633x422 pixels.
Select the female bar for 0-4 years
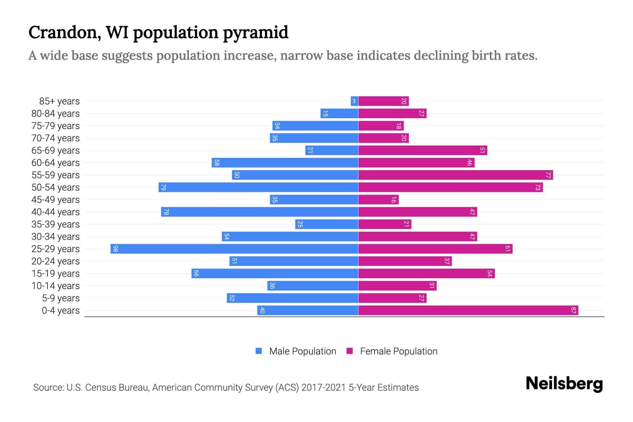click(x=468, y=311)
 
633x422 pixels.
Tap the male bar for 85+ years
click(x=354, y=101)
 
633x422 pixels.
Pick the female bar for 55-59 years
click(x=455, y=175)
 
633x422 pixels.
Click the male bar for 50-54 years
click(x=258, y=187)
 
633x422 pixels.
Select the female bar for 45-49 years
click(x=378, y=200)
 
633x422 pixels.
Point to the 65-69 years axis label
click(x=56, y=151)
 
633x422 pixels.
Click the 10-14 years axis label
click(x=56, y=286)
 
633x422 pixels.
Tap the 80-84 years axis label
click(x=56, y=114)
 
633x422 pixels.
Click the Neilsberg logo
click(x=564, y=384)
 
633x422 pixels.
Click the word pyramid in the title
click(x=256, y=33)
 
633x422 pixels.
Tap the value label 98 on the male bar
click(x=116, y=249)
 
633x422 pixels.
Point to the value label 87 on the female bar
click(x=573, y=311)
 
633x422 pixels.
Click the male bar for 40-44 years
click(x=260, y=212)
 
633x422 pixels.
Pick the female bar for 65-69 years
click(x=423, y=151)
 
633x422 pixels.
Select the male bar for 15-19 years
click(x=275, y=274)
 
